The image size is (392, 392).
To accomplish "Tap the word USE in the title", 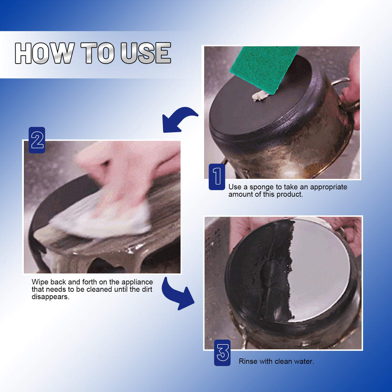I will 146,53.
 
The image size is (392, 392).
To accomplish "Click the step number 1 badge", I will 217,177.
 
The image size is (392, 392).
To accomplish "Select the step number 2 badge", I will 37,140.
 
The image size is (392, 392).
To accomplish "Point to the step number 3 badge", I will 222,353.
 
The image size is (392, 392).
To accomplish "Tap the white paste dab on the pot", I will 260,96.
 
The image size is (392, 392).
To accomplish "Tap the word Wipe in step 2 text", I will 40,282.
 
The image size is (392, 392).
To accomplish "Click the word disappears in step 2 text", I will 50,297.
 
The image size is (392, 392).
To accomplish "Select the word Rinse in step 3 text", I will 248,361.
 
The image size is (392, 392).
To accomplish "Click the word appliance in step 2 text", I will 137,282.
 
